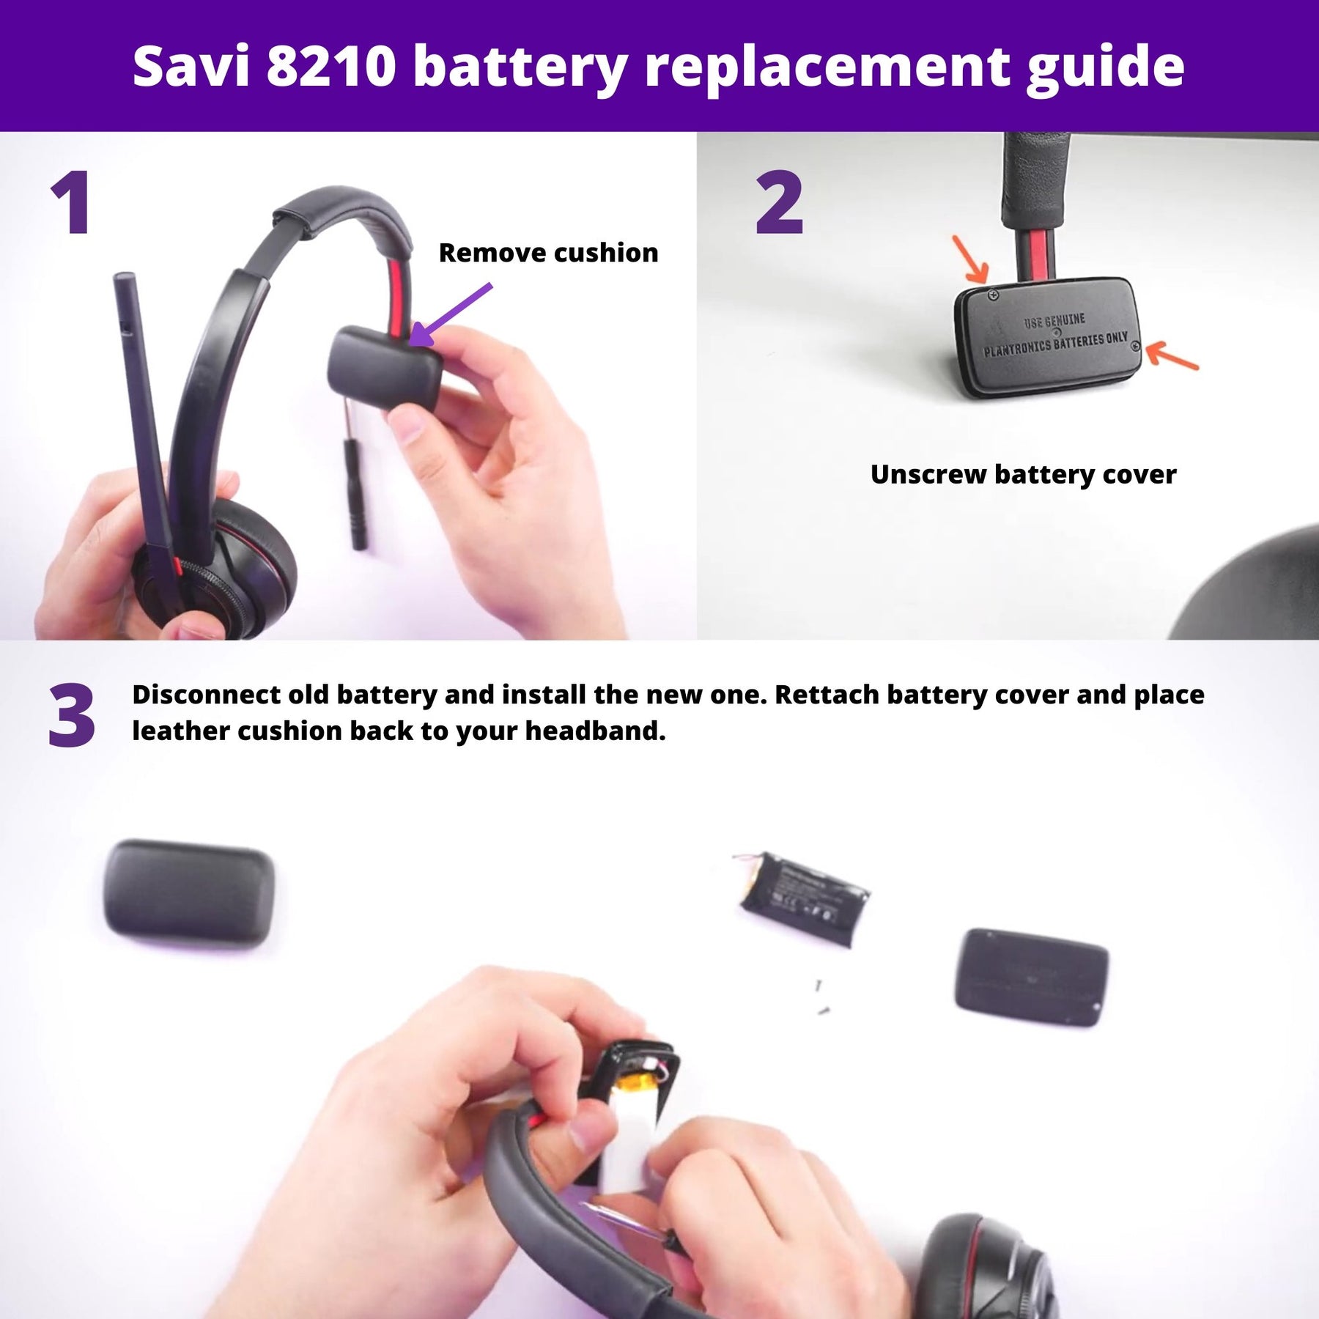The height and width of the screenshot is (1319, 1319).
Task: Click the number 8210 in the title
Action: pos(331,66)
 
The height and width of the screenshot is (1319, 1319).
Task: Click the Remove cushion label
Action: pos(548,253)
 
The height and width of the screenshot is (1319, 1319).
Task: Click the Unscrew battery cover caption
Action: pos(1023,474)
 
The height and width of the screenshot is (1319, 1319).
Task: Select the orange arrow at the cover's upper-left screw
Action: pos(971,259)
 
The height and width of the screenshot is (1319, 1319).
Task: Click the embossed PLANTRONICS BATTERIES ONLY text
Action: pos(1055,344)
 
